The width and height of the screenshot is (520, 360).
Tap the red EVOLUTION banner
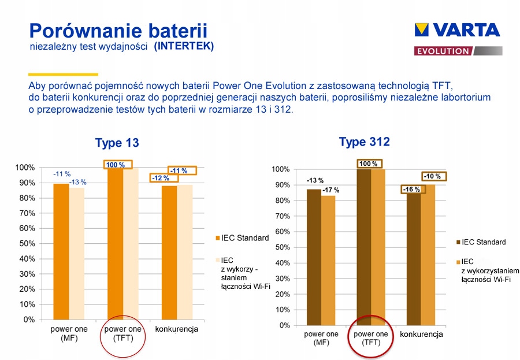point(443,51)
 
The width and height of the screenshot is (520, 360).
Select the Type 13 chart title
point(117,143)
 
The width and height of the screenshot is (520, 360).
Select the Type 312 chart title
point(364,142)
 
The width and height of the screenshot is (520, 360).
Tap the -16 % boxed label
point(411,190)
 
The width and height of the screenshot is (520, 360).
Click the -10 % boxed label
point(432,176)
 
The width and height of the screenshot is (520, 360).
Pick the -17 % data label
point(331,190)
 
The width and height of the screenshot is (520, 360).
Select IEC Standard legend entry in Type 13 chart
point(244,238)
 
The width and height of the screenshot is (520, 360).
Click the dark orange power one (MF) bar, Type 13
point(61,251)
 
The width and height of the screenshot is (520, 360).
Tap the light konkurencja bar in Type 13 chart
point(185,252)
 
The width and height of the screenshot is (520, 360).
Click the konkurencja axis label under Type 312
point(421,335)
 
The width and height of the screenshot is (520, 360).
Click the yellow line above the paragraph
point(63,75)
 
